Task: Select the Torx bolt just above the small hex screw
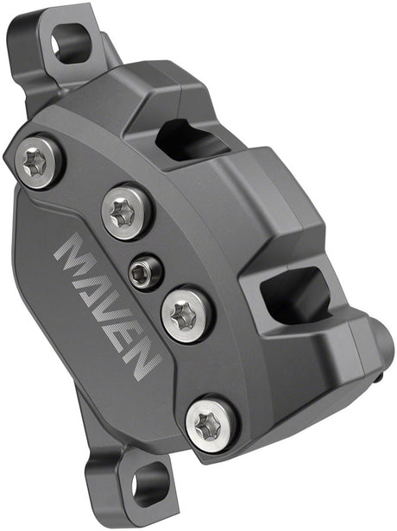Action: [x=128, y=213]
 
